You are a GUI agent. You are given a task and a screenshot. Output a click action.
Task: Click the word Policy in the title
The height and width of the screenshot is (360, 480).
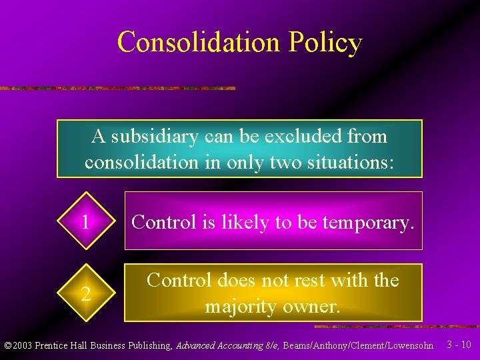(x=325, y=43)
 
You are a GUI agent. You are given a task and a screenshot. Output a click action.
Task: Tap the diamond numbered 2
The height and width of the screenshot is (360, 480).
(x=86, y=293)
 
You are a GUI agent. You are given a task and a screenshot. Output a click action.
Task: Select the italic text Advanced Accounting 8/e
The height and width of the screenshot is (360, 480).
(x=228, y=346)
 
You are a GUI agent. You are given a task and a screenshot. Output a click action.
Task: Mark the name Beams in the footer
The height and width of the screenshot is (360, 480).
(x=294, y=346)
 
